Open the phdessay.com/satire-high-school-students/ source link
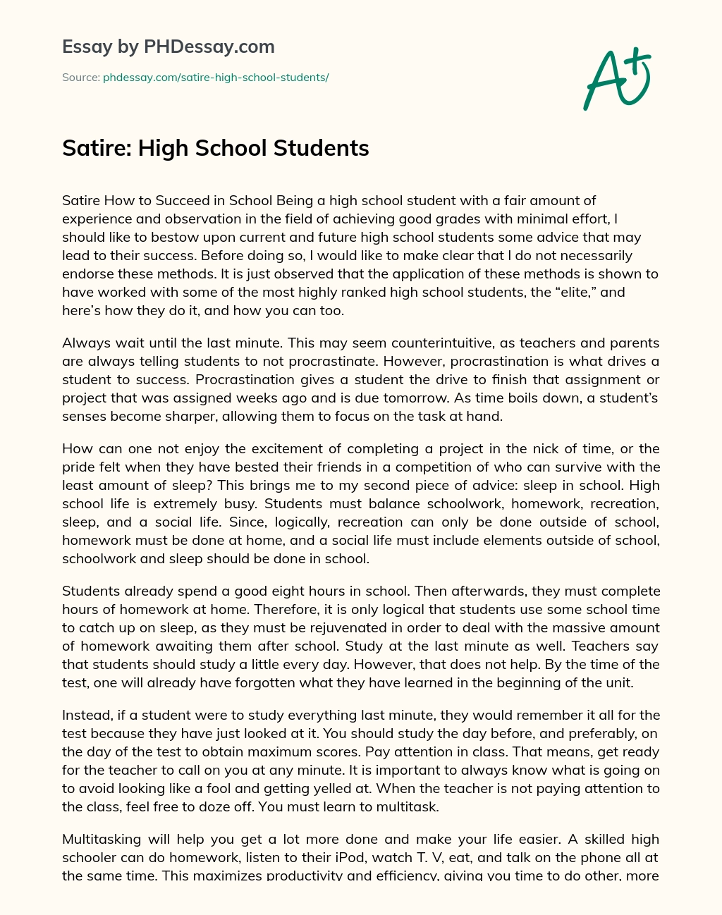point(216,77)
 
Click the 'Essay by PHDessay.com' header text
point(169,47)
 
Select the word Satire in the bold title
point(95,148)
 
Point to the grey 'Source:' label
point(81,77)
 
